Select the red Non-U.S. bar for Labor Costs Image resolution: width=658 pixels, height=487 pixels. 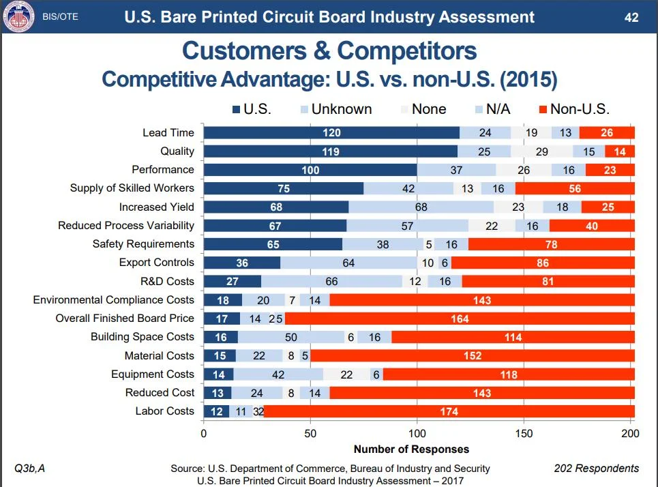449,411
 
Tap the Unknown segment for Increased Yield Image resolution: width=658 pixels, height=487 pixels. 421,207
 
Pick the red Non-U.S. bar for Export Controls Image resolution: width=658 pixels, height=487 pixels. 543,263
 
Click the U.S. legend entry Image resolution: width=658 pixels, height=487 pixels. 252,109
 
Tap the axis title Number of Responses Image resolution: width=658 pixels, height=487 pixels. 411,449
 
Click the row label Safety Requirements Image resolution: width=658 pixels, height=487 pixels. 143,244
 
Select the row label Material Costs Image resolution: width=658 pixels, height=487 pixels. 159,355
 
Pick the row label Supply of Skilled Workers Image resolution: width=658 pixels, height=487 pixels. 132,188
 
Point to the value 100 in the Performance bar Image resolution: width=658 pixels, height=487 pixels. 310,170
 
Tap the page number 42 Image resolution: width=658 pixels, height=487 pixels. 631,17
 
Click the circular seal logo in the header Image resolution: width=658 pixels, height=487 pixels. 18,17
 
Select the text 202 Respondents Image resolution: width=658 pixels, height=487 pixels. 596,468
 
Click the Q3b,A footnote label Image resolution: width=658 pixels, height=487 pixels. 29,468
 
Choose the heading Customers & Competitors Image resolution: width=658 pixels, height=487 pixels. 329,51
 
